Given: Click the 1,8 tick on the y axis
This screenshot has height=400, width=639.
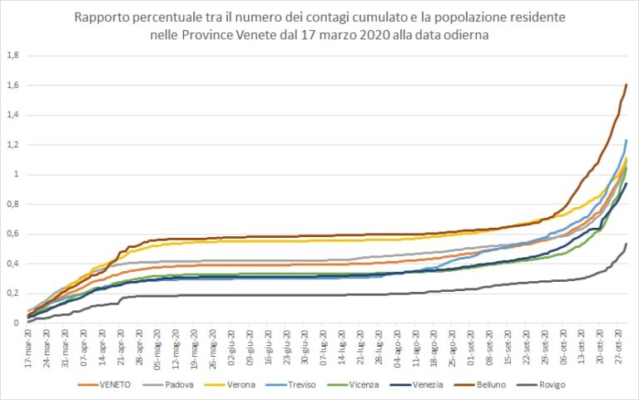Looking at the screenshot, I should coord(12,56).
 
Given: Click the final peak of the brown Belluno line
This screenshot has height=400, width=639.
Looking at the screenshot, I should coord(626,85).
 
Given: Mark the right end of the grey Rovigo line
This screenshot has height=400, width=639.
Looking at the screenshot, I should coord(626,244).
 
